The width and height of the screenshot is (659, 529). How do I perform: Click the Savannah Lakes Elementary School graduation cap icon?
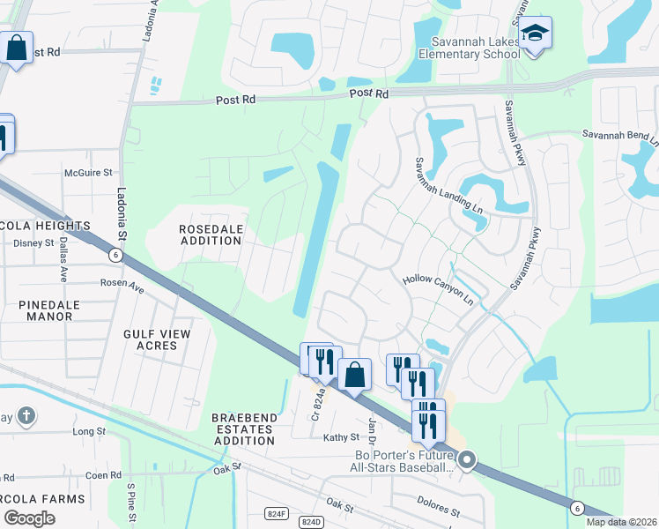pyautogui.click(x=534, y=34)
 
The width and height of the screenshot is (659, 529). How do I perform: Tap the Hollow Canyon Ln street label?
pyautogui.click(x=438, y=290)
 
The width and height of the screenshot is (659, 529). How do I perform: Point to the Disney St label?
pyautogui.click(x=34, y=242)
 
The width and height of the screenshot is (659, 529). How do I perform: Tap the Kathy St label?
pyautogui.click(x=342, y=437)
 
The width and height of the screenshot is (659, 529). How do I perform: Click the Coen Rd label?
pyautogui.click(x=104, y=475)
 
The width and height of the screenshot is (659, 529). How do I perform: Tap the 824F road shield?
pyautogui.click(x=277, y=512)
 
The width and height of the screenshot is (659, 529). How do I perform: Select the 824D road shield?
pyautogui.click(x=310, y=523)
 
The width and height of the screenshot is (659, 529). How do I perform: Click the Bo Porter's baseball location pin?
pyautogui.click(x=467, y=459)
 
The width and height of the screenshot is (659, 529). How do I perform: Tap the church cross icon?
pyautogui.click(x=27, y=415)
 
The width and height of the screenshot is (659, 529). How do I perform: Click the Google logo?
pyautogui.click(x=29, y=518)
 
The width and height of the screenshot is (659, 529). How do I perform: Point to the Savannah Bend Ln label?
pyautogui.click(x=619, y=136)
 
